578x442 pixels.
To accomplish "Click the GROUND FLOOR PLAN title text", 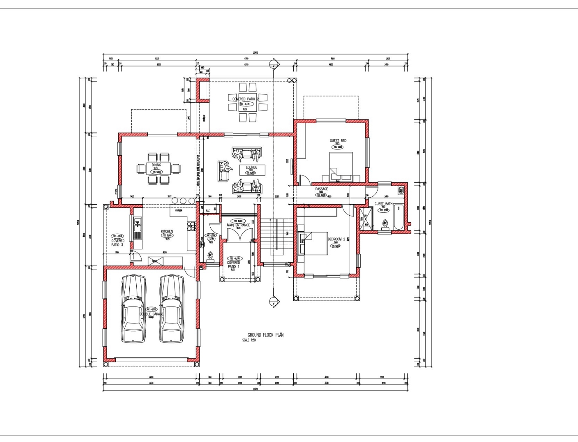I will coord(265,335).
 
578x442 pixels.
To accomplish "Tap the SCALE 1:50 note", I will coord(249,340).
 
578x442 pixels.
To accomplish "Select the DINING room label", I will coord(156,165).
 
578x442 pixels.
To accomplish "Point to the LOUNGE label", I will coord(251,167).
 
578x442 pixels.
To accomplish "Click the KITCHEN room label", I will coord(167,232).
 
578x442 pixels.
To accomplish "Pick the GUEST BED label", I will coord(338,141).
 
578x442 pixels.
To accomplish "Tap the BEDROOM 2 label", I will coord(337,239).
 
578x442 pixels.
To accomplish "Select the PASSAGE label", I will coord(322,189).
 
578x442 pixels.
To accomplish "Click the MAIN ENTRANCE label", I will coord(238,225).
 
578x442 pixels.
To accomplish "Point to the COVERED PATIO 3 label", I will coord(117,243).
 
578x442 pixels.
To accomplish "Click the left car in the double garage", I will coord(133,309).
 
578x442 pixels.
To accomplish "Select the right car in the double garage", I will coord(171,309).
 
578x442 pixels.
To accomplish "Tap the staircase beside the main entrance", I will coord(277,241).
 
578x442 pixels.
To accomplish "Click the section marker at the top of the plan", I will coord(273,64).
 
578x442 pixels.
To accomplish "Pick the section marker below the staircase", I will coord(273,302).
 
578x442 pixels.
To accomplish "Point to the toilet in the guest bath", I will coord(385,224).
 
